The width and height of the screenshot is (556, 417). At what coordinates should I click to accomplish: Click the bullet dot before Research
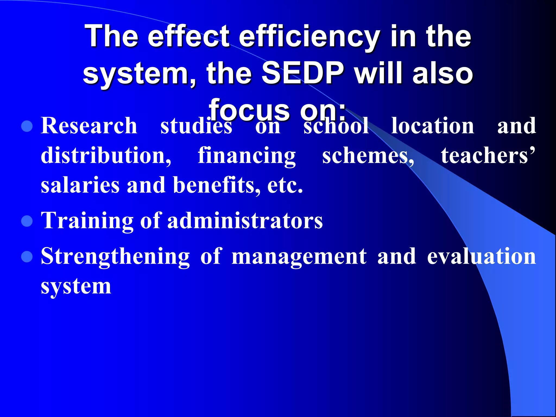point(27,126)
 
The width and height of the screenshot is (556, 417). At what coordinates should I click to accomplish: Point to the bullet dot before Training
point(27,221)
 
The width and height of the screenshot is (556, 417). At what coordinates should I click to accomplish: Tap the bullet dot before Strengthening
point(27,257)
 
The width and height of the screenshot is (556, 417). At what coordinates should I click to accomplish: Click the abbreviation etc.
point(285,186)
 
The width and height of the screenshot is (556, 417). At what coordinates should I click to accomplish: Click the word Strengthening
point(115,257)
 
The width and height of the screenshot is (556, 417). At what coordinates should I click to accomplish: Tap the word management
point(299,257)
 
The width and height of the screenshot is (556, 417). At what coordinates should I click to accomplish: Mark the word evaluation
point(481,257)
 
